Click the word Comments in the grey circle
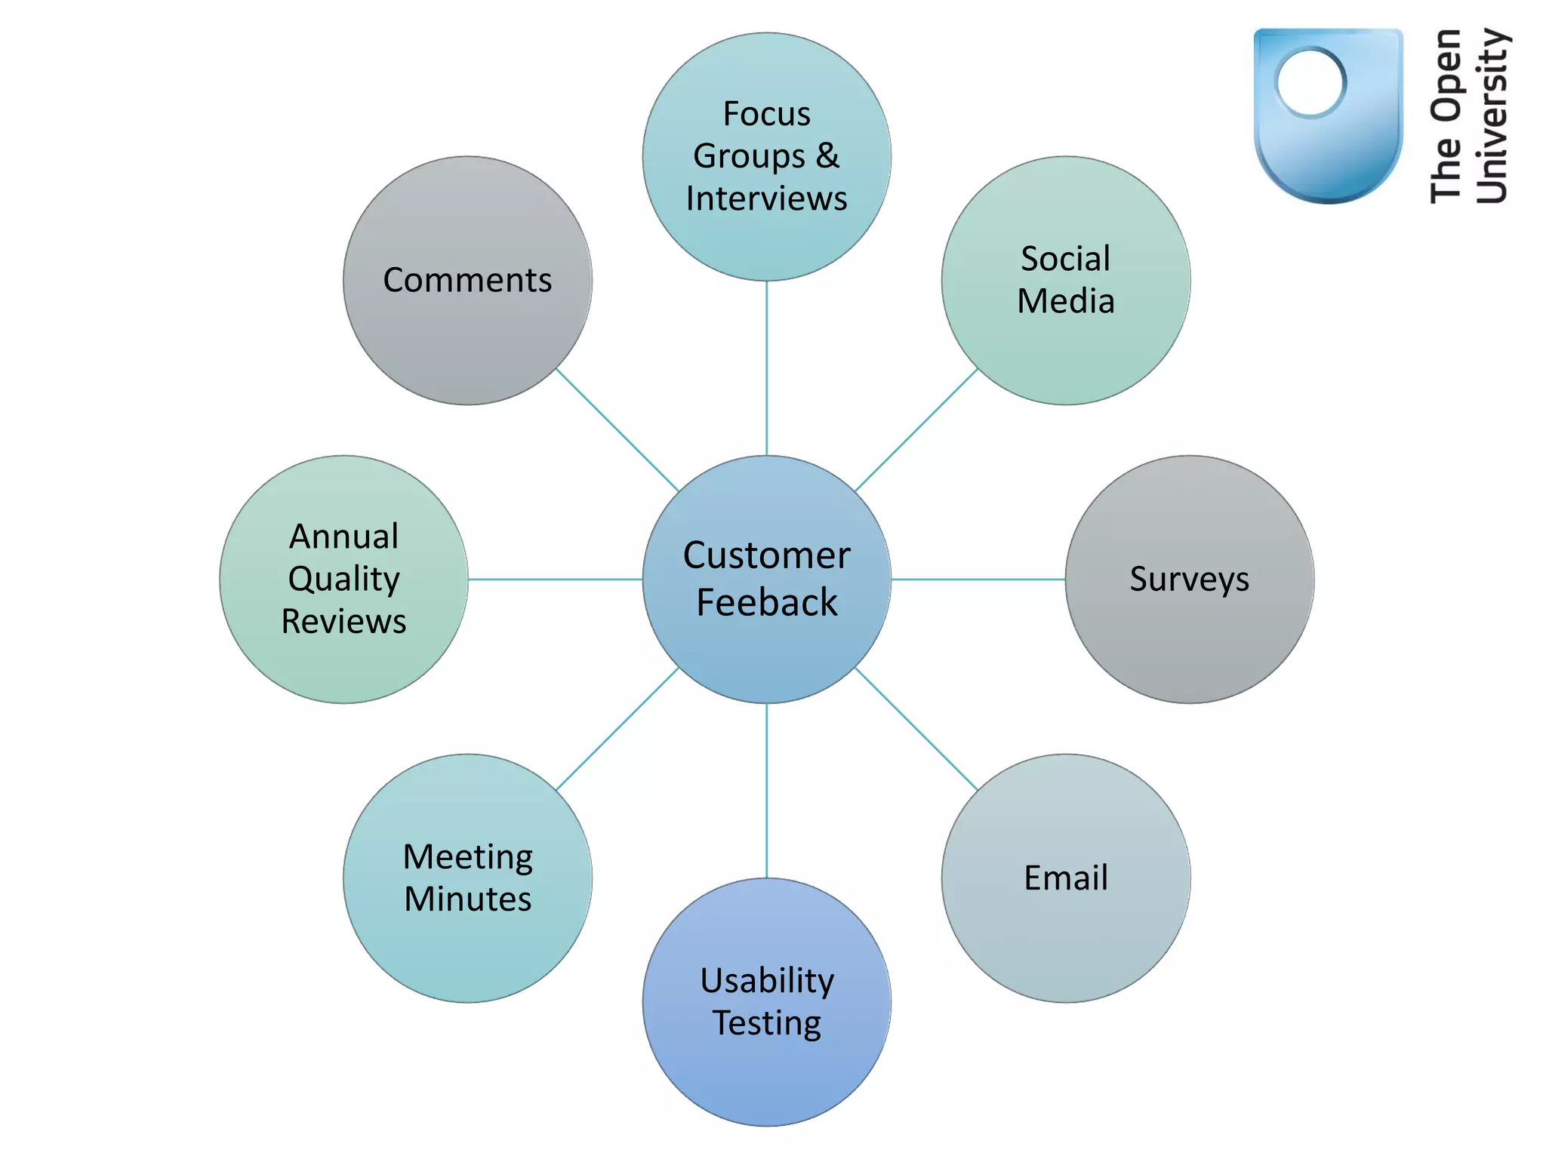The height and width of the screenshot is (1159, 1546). click(x=467, y=280)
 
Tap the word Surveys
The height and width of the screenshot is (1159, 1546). click(x=1189, y=579)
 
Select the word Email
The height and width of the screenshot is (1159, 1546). click(x=1065, y=878)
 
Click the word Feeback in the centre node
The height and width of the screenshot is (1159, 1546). click(x=766, y=603)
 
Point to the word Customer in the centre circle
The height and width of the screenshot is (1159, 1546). click(x=766, y=555)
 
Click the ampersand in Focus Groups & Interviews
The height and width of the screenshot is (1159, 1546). click(x=827, y=155)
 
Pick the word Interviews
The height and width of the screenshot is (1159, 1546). click(x=766, y=198)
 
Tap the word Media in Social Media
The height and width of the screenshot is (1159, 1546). click(x=1065, y=301)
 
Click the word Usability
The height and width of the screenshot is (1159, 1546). click(x=766, y=981)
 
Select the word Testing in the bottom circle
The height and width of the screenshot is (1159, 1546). click(x=766, y=1023)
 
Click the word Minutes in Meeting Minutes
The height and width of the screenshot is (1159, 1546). click(x=467, y=899)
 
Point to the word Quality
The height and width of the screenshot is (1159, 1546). click(x=343, y=579)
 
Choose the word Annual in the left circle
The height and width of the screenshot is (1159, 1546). click(x=343, y=536)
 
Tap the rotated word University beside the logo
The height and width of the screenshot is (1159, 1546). click(x=1492, y=116)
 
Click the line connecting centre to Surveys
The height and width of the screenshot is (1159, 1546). click(x=978, y=579)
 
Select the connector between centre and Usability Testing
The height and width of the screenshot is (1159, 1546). click(x=766, y=791)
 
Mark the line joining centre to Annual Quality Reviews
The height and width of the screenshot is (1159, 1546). click(x=555, y=579)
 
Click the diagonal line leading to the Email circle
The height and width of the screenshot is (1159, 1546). click(x=916, y=729)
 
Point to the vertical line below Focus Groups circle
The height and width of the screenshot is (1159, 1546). click(x=766, y=368)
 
